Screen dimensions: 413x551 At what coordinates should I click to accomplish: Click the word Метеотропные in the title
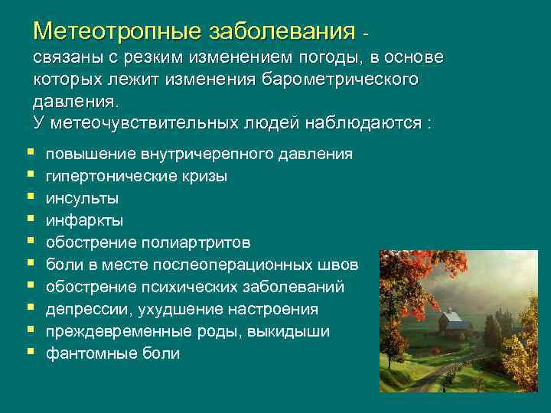[115, 31]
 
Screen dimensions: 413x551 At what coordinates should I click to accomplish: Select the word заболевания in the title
[280, 31]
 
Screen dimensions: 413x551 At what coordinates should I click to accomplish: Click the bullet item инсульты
[82, 198]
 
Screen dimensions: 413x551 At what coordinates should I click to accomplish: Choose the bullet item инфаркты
[84, 220]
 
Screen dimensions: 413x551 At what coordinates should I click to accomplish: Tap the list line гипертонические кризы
[136, 176]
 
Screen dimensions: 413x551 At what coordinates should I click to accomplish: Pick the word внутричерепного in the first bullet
[201, 154]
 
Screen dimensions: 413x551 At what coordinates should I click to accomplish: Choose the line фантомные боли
[112, 353]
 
